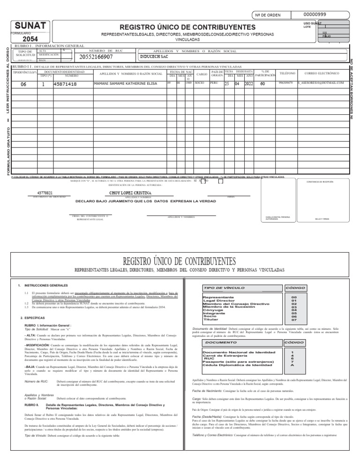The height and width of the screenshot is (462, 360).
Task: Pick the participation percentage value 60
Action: (x=262, y=84)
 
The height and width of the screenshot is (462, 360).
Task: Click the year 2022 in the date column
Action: (x=248, y=84)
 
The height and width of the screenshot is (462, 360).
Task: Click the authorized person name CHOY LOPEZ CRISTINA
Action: (x=131, y=193)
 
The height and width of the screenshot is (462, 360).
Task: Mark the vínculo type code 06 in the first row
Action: (x=24, y=85)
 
